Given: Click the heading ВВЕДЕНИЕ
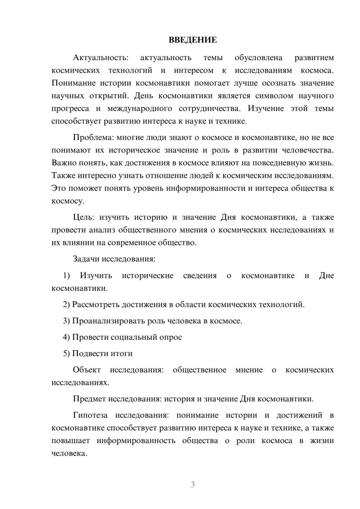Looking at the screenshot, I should point(193,40).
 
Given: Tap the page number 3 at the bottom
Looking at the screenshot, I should point(193,485).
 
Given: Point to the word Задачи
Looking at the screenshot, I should point(86,259).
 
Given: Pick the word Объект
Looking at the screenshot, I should point(86,370).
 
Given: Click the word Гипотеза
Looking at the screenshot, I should point(90,415).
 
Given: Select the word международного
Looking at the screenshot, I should point(139,109).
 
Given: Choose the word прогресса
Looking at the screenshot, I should point(70,109).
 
